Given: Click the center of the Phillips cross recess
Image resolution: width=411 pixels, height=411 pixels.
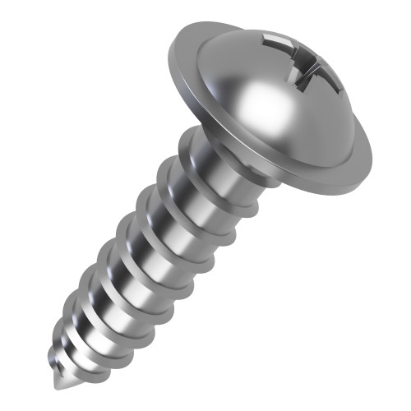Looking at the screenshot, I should click(298, 64).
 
